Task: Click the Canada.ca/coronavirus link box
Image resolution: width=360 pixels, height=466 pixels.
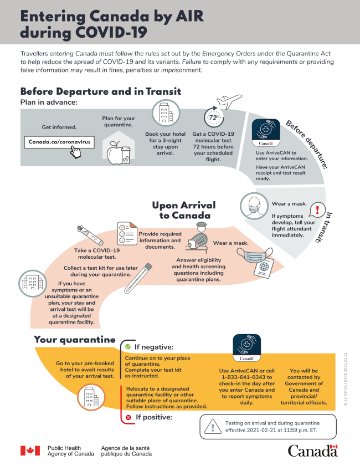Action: [x=59, y=142]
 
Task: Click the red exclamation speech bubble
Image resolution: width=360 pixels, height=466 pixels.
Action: [x=317, y=209]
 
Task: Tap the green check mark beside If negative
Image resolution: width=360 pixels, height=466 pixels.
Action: [x=128, y=347]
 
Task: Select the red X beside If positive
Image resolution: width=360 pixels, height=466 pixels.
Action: [x=128, y=417]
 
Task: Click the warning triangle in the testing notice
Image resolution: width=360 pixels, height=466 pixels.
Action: [x=212, y=427]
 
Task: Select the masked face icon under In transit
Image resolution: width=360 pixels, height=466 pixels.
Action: [x=254, y=206]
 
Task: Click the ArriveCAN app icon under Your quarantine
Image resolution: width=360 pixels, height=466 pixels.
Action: [x=246, y=348]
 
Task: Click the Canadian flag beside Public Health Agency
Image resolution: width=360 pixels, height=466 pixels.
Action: [x=30, y=450]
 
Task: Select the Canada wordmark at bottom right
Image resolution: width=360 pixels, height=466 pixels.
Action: [x=312, y=450]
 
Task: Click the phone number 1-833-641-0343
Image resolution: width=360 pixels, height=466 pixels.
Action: [x=246, y=377]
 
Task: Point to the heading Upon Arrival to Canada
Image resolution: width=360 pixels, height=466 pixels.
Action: [x=183, y=210]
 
